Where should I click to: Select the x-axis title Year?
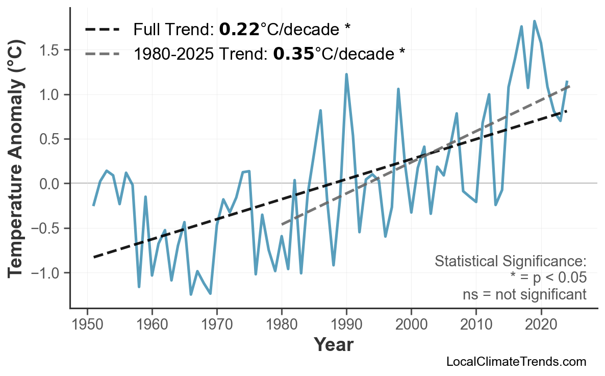click(x=333, y=345)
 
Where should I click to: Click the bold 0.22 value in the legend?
click(x=239, y=30)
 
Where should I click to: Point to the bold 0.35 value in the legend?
click(x=293, y=54)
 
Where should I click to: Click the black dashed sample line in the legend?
click(x=102, y=30)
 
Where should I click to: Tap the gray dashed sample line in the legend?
click(x=102, y=54)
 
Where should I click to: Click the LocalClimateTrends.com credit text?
click(x=516, y=362)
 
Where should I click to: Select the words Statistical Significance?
click(x=510, y=262)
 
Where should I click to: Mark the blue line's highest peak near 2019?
click(x=534, y=21)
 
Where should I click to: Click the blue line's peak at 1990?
click(x=346, y=74)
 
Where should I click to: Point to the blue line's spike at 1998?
click(x=398, y=89)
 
